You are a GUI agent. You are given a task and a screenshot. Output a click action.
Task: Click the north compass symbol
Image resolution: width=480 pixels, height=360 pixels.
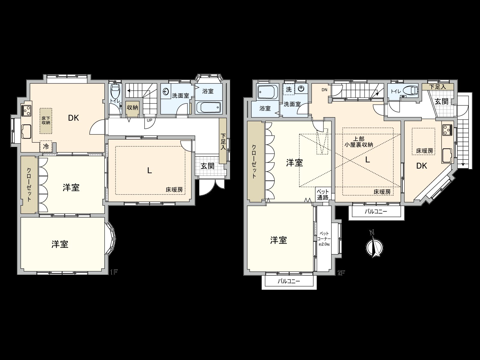click(x=374, y=247)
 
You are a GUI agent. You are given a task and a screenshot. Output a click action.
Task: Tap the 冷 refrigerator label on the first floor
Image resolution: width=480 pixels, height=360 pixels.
click(x=46, y=146)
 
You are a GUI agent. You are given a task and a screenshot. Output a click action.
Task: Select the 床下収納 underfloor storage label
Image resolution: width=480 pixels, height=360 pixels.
click(x=46, y=120)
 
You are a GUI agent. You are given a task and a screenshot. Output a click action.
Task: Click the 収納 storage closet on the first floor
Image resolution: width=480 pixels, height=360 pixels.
click(x=132, y=107)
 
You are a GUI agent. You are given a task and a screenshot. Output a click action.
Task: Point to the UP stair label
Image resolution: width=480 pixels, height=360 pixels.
click(x=149, y=120)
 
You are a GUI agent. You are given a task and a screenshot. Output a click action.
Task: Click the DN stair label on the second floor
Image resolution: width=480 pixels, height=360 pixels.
click(x=324, y=90)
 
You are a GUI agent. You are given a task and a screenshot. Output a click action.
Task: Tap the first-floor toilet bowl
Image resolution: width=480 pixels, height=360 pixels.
click(x=115, y=90)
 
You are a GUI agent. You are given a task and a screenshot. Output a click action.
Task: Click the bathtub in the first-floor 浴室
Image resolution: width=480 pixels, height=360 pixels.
click(x=208, y=107)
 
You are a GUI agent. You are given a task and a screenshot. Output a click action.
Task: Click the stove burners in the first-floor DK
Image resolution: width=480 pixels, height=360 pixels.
click(x=26, y=111)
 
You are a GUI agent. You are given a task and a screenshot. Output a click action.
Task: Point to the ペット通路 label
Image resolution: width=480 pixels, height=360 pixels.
click(x=323, y=195)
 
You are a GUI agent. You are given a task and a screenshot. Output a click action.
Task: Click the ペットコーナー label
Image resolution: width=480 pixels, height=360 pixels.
click(x=324, y=238)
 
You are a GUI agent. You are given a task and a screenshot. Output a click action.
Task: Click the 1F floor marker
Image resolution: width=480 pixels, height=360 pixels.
click(x=113, y=272)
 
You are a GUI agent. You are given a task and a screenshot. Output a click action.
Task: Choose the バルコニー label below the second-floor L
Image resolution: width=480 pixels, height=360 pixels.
click(x=376, y=211)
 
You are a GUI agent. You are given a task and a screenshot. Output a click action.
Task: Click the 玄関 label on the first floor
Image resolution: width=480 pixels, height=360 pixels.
click(x=207, y=166)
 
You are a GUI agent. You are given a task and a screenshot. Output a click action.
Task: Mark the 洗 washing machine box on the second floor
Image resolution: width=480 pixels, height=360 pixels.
click(x=289, y=89)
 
